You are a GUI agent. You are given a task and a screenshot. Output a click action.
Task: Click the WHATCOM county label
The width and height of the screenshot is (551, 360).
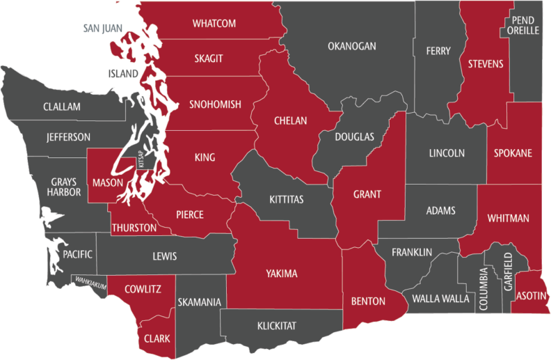tap(214, 24)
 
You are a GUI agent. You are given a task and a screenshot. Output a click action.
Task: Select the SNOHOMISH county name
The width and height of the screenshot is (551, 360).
tap(215, 104)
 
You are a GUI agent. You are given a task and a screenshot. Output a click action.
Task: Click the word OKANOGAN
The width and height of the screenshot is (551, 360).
tap(351, 47)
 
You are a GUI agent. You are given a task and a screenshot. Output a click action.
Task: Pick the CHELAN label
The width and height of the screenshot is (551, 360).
tap(290, 120)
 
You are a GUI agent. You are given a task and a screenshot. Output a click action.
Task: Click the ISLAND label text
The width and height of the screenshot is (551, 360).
tap(123, 72)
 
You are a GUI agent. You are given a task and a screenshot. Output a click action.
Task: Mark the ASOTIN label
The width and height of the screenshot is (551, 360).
tap(532, 297)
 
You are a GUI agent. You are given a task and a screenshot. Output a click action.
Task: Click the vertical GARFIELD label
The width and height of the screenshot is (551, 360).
tap(509, 271)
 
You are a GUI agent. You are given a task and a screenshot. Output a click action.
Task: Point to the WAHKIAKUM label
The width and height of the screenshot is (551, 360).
tap(90, 282)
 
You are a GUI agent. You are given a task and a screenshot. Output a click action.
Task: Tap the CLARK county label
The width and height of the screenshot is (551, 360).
tap(157, 339)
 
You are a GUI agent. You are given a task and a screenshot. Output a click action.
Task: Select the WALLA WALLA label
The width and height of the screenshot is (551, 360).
tap(440, 299)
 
